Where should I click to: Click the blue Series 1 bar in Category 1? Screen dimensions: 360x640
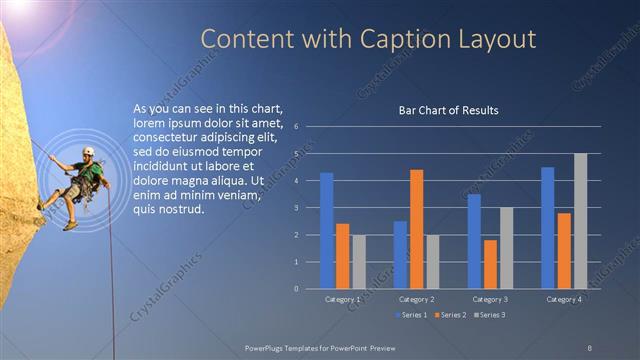[x=326, y=231]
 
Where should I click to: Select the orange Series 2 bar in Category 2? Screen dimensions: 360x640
[x=416, y=229]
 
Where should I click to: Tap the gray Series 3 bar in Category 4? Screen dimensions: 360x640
[x=580, y=221]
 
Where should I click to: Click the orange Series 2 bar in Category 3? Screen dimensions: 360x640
[x=490, y=264]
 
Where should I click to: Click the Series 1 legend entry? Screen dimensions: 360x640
[x=411, y=315]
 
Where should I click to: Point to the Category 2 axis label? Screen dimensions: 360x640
[x=415, y=299]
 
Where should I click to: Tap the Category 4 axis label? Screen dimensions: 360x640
[x=563, y=299]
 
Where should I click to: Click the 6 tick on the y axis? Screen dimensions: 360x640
[x=297, y=127]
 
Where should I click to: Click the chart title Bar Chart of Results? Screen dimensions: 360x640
[x=448, y=110]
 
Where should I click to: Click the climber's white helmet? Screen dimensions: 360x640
[x=88, y=151]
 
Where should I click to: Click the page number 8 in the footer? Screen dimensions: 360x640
[x=589, y=347]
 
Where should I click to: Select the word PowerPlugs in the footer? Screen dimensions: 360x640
[x=267, y=347]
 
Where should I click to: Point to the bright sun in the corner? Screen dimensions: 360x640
[x=12, y=5]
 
